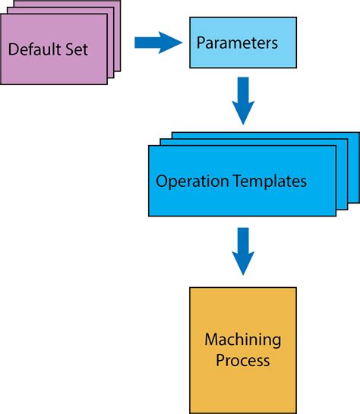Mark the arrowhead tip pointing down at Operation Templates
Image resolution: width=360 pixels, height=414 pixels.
pyautogui.click(x=242, y=124)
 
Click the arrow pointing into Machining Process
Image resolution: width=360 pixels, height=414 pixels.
pyautogui.click(x=242, y=250)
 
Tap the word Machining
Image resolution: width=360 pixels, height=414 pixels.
pyautogui.click(x=242, y=339)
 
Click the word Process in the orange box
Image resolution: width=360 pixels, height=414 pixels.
pyautogui.click(x=242, y=359)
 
